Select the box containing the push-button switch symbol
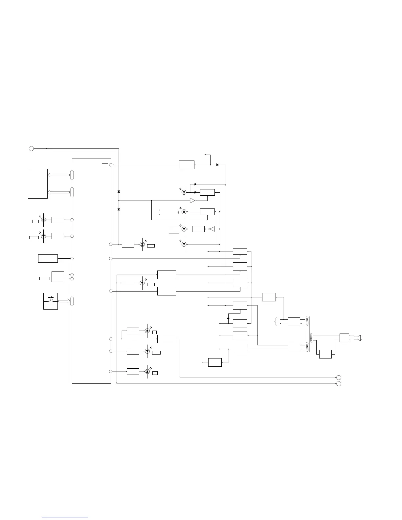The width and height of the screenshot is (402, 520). pos(51,301)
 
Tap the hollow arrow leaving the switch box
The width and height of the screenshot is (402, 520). pos(64,301)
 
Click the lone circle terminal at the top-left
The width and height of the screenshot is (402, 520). pos(31,148)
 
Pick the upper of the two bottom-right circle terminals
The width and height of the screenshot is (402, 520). pos(339,378)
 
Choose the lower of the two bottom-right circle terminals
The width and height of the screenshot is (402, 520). pos(339,384)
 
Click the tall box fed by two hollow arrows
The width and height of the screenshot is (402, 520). pos(38,184)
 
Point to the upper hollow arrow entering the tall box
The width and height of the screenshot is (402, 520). pos(58,175)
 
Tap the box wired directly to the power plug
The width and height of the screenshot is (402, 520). pos(344,337)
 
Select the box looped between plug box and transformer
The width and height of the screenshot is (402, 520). pos(325,354)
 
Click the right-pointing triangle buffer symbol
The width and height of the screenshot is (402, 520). pos(193,200)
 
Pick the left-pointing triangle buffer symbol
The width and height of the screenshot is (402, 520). pos(212,229)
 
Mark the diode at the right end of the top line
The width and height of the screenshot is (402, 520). pos(217,164)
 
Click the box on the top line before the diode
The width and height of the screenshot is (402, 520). pos(186,164)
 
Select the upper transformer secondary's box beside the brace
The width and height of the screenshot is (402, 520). pos(294,322)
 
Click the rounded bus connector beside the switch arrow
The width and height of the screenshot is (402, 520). pos(72,301)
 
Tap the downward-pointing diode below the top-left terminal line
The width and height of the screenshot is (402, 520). pos(119,191)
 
